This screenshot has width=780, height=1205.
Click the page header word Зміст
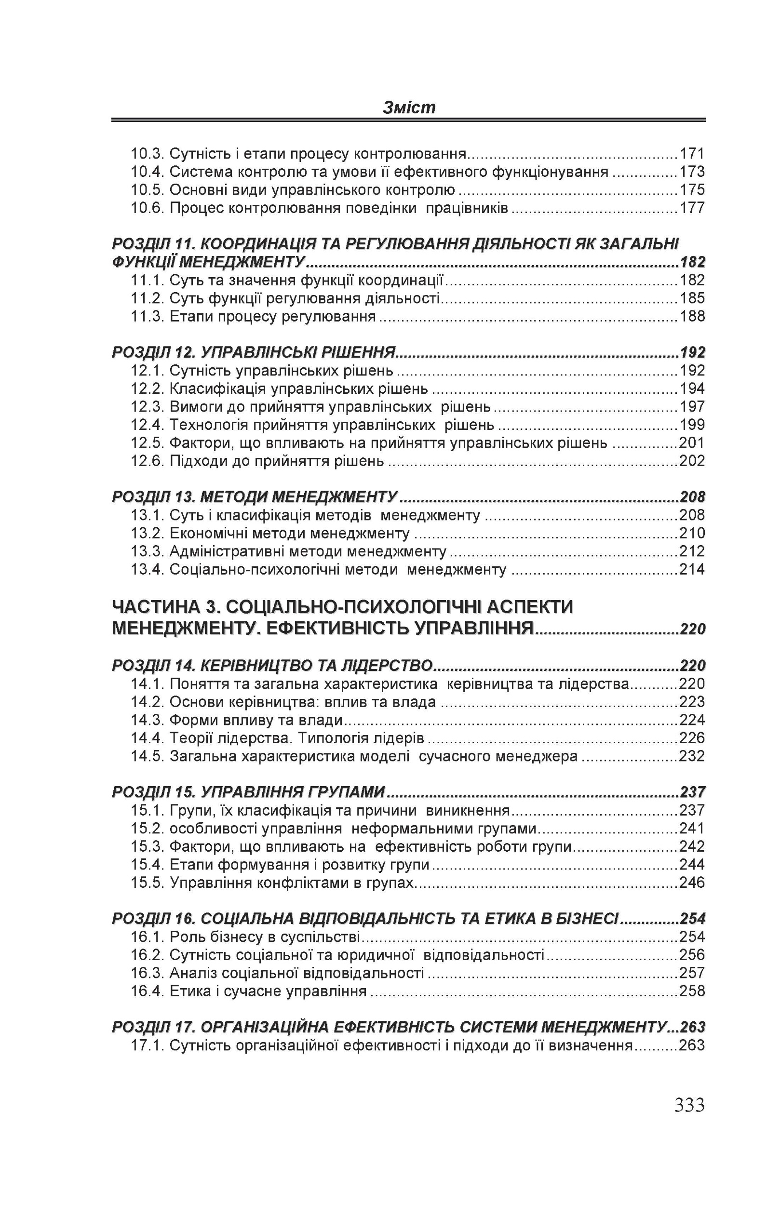[409, 107]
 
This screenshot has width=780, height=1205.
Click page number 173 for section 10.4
[692, 172]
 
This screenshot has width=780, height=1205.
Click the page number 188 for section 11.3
[692, 317]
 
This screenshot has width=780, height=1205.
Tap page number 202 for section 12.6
[692, 461]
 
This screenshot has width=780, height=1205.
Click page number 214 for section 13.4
[692, 570]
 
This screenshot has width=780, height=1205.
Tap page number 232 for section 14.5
[692, 756]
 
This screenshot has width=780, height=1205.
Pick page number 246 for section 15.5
[692, 883]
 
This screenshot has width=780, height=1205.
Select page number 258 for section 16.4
[692, 991]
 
